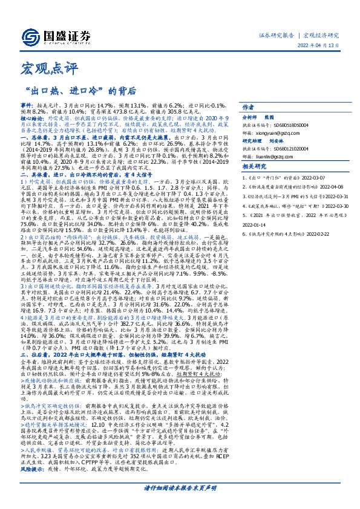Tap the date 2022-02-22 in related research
tap(303, 231)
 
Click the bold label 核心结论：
tap(32, 120)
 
